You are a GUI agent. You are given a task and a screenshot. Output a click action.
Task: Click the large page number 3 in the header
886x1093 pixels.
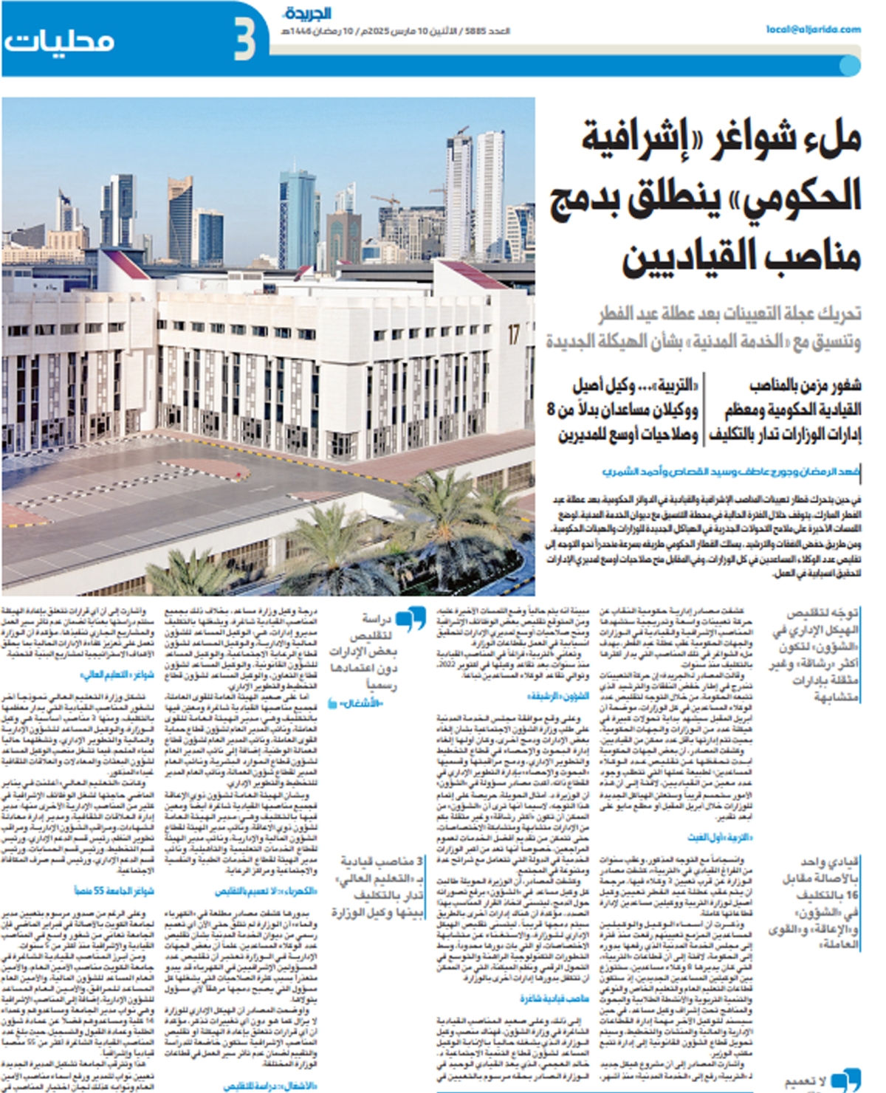click(244, 41)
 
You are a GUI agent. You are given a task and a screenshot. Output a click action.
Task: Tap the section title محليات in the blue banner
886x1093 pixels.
click(59, 41)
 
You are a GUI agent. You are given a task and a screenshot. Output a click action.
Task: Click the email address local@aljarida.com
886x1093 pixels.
click(813, 30)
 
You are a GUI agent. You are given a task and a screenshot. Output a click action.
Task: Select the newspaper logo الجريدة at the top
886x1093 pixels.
click(306, 13)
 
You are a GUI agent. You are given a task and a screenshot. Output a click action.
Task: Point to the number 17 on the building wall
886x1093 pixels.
click(513, 334)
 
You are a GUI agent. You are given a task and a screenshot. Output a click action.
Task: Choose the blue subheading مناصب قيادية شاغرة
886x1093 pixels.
click(554, 999)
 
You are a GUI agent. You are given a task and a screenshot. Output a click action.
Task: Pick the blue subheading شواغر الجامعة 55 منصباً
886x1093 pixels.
click(114, 892)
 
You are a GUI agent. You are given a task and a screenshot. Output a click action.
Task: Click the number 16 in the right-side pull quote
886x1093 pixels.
click(851, 894)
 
